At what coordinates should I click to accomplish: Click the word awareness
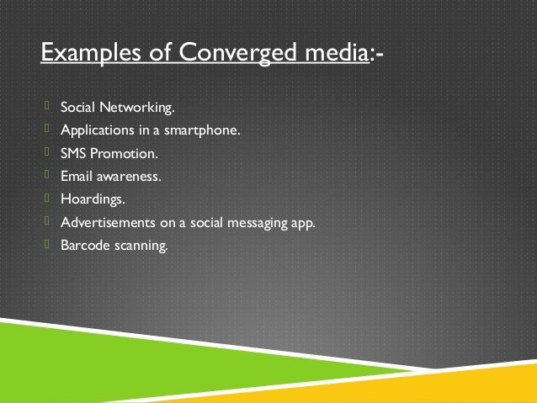[x=130, y=178]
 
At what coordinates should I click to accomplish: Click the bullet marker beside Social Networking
[x=49, y=107]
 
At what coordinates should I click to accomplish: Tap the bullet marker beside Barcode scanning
[x=49, y=246]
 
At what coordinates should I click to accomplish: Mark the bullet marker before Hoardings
[x=49, y=199]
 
